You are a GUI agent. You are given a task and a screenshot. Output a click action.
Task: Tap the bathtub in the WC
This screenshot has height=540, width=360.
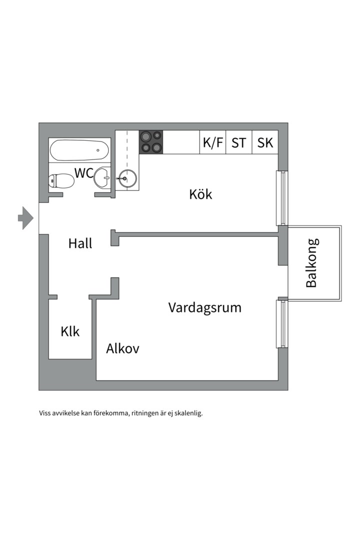[79, 150]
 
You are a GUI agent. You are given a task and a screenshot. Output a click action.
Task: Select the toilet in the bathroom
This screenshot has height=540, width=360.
[61, 181]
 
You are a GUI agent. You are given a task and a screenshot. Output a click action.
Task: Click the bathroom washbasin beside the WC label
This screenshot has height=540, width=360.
[102, 177]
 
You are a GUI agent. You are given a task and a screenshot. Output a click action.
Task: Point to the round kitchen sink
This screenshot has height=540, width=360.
[127, 178]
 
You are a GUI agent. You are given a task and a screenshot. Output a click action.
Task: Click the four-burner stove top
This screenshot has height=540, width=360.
[151, 142]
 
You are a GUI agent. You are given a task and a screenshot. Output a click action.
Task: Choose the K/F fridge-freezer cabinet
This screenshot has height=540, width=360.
[213, 142]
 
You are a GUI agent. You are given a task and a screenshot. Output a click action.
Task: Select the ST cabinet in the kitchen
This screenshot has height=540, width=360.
[239, 142]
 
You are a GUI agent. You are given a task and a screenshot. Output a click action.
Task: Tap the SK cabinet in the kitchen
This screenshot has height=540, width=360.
[265, 142]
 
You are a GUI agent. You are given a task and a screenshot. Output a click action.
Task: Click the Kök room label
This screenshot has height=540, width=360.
[200, 194]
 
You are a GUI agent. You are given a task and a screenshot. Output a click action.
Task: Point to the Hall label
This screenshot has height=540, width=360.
[80, 243]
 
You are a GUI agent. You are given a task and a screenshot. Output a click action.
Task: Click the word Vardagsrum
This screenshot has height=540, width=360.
[205, 307]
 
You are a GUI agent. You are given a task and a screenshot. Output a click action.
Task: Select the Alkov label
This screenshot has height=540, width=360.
[122, 348]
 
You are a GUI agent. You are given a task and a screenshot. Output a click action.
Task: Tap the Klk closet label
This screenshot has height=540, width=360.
[70, 331]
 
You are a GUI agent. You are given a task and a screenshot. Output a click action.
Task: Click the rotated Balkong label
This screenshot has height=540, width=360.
[312, 263]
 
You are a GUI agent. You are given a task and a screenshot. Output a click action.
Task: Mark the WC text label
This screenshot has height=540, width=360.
[84, 173]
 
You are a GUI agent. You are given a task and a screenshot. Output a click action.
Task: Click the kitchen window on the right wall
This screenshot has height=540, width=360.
[282, 198]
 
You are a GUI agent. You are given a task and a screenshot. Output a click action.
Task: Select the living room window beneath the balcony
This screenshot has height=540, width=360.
[282, 323]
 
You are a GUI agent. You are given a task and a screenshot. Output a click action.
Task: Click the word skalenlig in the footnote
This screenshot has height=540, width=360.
[188, 413]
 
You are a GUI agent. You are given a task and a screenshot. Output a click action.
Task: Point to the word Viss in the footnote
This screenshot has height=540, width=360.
[44, 413]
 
